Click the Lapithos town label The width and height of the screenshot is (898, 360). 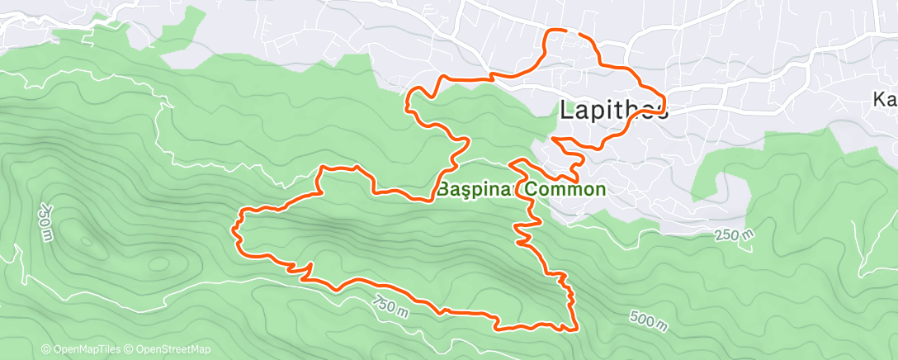614,110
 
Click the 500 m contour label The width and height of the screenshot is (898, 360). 648,318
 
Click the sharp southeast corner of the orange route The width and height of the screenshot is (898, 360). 573,329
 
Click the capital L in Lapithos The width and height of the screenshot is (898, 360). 567,110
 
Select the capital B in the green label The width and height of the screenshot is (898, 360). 442,189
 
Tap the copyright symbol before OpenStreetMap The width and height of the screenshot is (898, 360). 130,349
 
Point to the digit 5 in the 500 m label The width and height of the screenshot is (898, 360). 635,314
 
